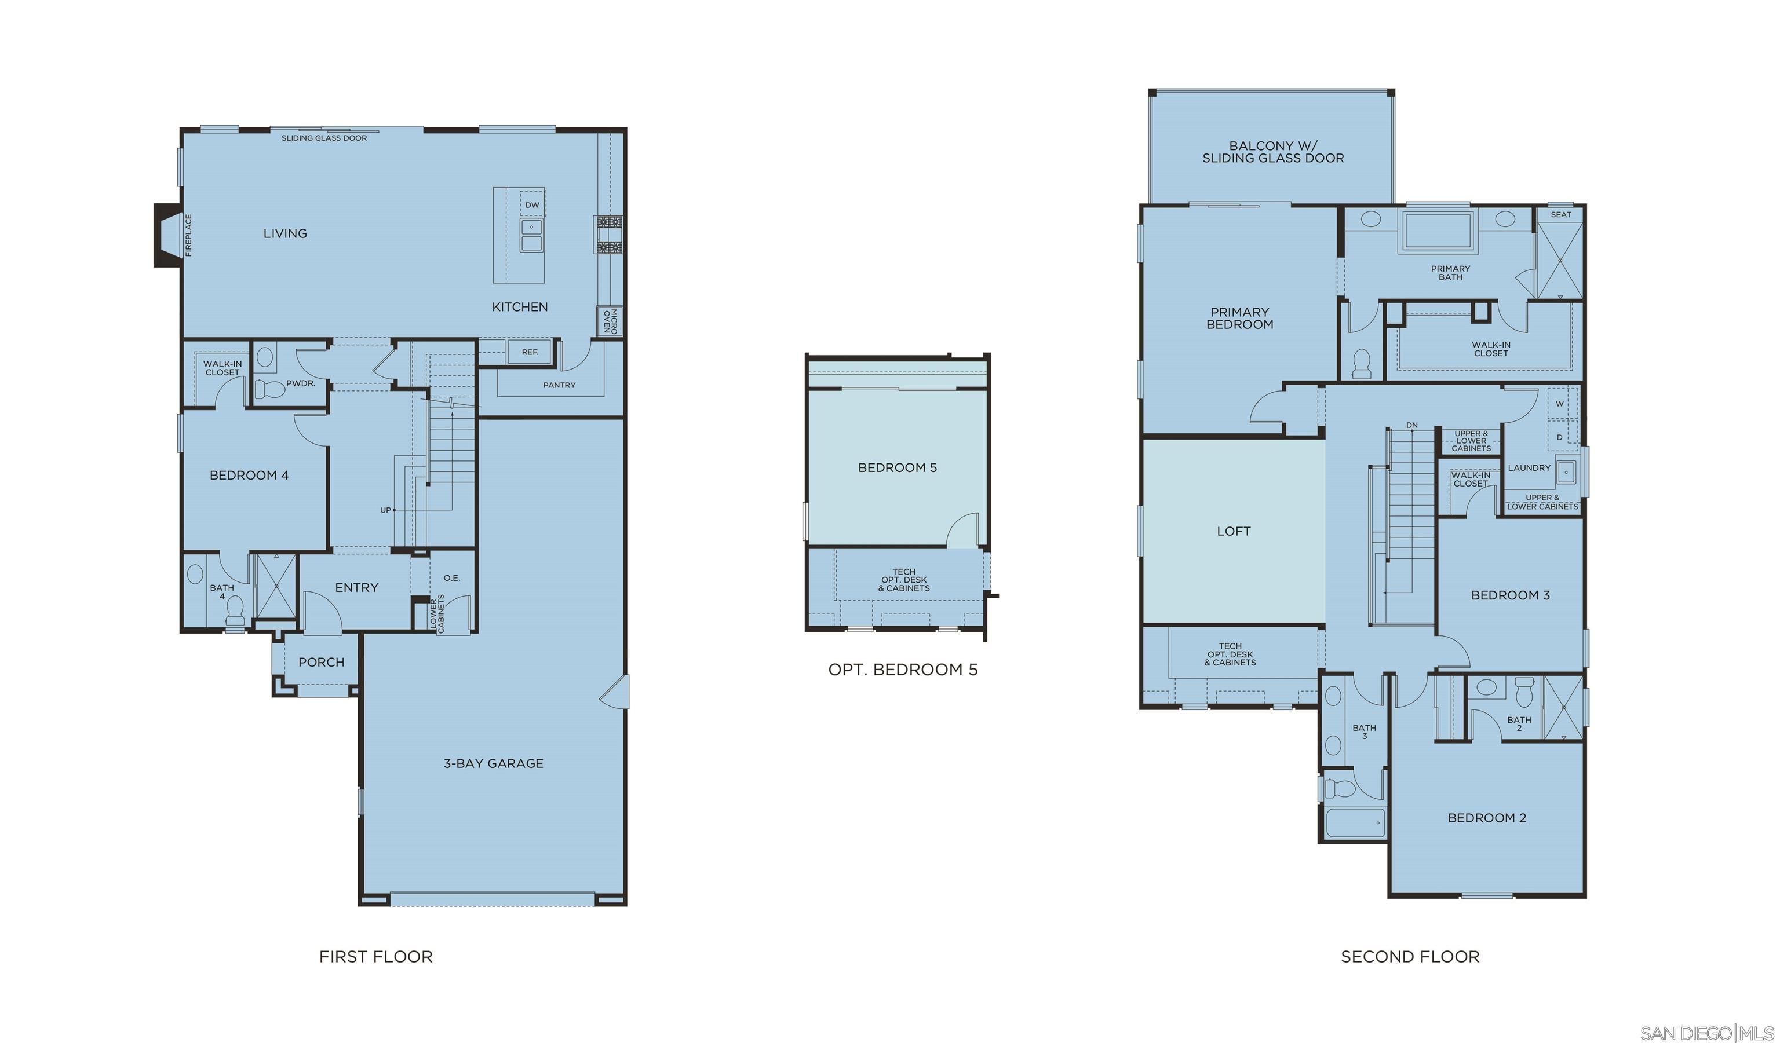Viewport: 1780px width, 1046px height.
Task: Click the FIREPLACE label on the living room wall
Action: pyautogui.click(x=188, y=235)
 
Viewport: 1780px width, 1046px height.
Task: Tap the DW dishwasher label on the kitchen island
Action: pyautogui.click(x=532, y=206)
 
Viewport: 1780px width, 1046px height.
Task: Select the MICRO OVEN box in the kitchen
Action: pyautogui.click(x=610, y=321)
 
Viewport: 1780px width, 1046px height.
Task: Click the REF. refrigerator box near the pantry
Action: pyautogui.click(x=530, y=352)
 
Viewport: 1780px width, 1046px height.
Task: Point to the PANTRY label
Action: pyautogui.click(x=559, y=385)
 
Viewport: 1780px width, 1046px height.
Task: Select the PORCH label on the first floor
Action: pyautogui.click(x=322, y=662)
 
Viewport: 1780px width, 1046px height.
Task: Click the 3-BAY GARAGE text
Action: pyautogui.click(x=493, y=763)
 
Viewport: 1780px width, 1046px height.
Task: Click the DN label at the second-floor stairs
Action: pyautogui.click(x=1411, y=425)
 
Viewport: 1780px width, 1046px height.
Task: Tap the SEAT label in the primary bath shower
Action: pyautogui.click(x=1560, y=215)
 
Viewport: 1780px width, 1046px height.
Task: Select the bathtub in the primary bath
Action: pyautogui.click(x=1438, y=231)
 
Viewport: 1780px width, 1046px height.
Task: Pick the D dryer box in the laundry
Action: pyautogui.click(x=1560, y=437)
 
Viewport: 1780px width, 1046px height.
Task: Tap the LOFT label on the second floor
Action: pyautogui.click(x=1233, y=531)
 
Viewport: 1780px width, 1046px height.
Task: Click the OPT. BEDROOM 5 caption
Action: pyautogui.click(x=903, y=670)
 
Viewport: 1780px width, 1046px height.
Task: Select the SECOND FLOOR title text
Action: pyautogui.click(x=1410, y=956)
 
